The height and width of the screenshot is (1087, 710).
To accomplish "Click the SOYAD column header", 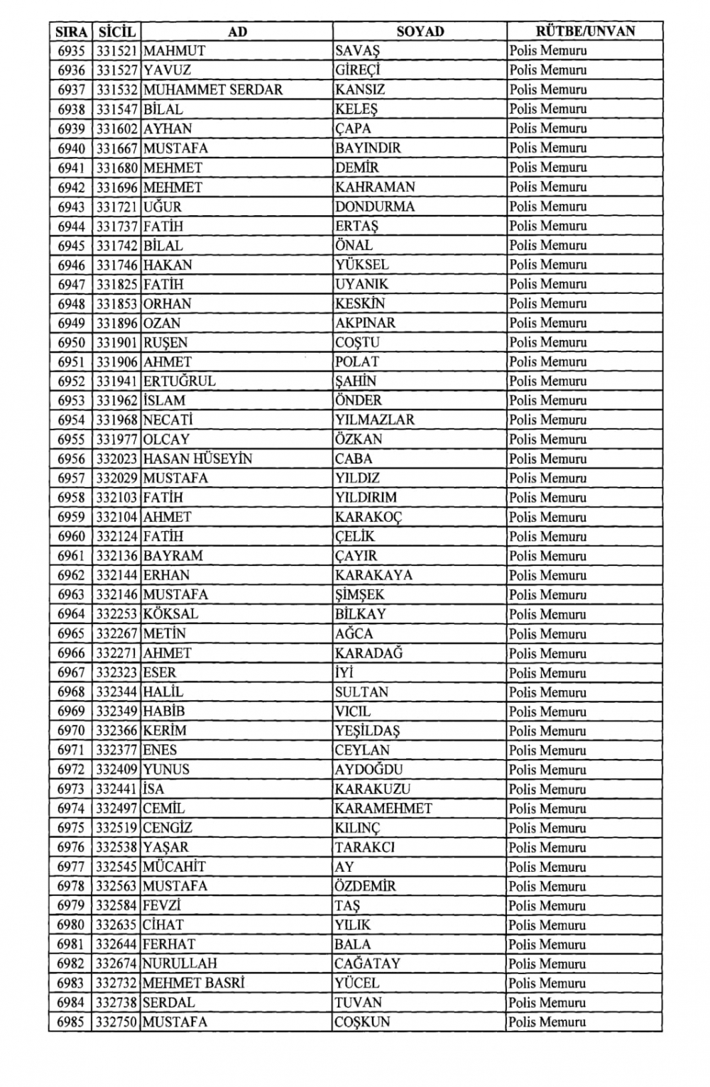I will point(420,31).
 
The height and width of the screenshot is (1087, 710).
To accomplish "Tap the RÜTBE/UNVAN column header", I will point(585,31).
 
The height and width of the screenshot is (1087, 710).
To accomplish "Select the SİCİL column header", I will point(116,31).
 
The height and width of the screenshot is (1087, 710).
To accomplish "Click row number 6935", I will point(71,51).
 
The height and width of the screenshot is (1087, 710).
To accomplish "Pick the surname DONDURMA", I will point(375,207).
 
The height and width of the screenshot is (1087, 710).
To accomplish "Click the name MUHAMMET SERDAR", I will point(213,90).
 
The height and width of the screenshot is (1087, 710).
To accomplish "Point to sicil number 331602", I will point(117,129).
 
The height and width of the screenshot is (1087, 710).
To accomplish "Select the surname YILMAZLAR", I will point(375,420).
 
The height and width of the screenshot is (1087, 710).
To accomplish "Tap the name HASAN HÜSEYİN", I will point(197,459).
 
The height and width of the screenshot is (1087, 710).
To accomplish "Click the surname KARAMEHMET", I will point(383,809).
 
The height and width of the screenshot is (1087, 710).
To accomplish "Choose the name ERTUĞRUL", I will point(179,381).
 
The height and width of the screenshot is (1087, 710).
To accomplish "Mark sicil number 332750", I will point(117,1022).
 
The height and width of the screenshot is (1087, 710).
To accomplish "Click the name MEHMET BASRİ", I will point(193,983).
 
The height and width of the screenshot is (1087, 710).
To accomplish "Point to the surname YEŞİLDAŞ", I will point(368,731).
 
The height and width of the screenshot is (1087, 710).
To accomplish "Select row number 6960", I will point(71,537).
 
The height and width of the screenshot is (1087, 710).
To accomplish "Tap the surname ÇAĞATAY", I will point(368,964).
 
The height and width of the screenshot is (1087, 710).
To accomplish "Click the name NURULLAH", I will point(180,964).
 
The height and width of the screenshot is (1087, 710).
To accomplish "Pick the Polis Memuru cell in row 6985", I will point(547,1022).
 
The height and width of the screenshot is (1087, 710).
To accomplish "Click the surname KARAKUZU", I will point(373,789).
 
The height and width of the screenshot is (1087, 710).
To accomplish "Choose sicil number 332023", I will point(117,459).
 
